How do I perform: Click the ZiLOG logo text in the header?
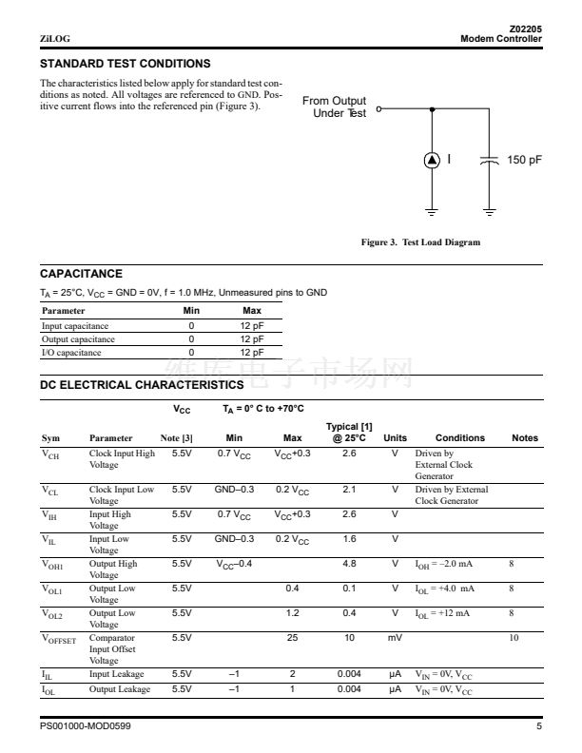[x=54, y=39]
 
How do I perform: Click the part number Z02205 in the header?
[x=526, y=29]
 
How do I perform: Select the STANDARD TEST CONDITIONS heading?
[x=125, y=64]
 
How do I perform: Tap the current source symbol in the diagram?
[x=432, y=160]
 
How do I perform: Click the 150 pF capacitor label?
[x=524, y=160]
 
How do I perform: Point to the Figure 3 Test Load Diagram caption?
[x=420, y=242]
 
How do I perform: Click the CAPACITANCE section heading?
[x=81, y=274]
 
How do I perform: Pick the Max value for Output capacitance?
[x=252, y=339]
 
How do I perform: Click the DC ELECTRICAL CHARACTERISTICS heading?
[x=142, y=385]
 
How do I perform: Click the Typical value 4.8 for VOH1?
[x=348, y=565]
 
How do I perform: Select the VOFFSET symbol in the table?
[x=59, y=640]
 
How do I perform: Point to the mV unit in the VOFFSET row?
[x=395, y=638]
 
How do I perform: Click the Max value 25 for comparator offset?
[x=293, y=638]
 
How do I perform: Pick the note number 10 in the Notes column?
[x=514, y=638]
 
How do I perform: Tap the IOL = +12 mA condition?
[x=442, y=613]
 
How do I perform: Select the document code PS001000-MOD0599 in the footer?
[x=86, y=727]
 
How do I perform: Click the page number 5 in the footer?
[x=538, y=727]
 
